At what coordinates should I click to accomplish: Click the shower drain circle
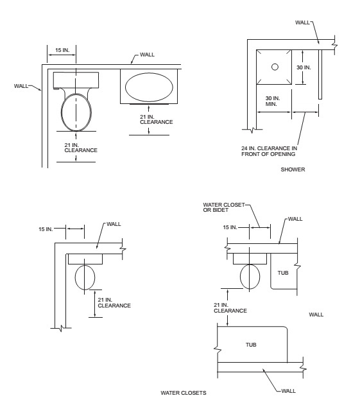[275, 67]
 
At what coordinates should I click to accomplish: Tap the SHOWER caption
[293, 169]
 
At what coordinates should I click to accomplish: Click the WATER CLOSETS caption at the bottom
[184, 393]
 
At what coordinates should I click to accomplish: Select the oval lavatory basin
[149, 87]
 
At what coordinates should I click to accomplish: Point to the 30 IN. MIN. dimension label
[273, 101]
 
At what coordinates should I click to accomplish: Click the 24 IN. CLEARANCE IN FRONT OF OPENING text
[269, 151]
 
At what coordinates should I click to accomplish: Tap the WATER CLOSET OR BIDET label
[224, 207]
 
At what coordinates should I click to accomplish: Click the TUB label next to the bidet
[283, 273]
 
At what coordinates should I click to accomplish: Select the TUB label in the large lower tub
[251, 345]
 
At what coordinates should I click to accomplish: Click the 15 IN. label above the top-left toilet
[62, 50]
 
